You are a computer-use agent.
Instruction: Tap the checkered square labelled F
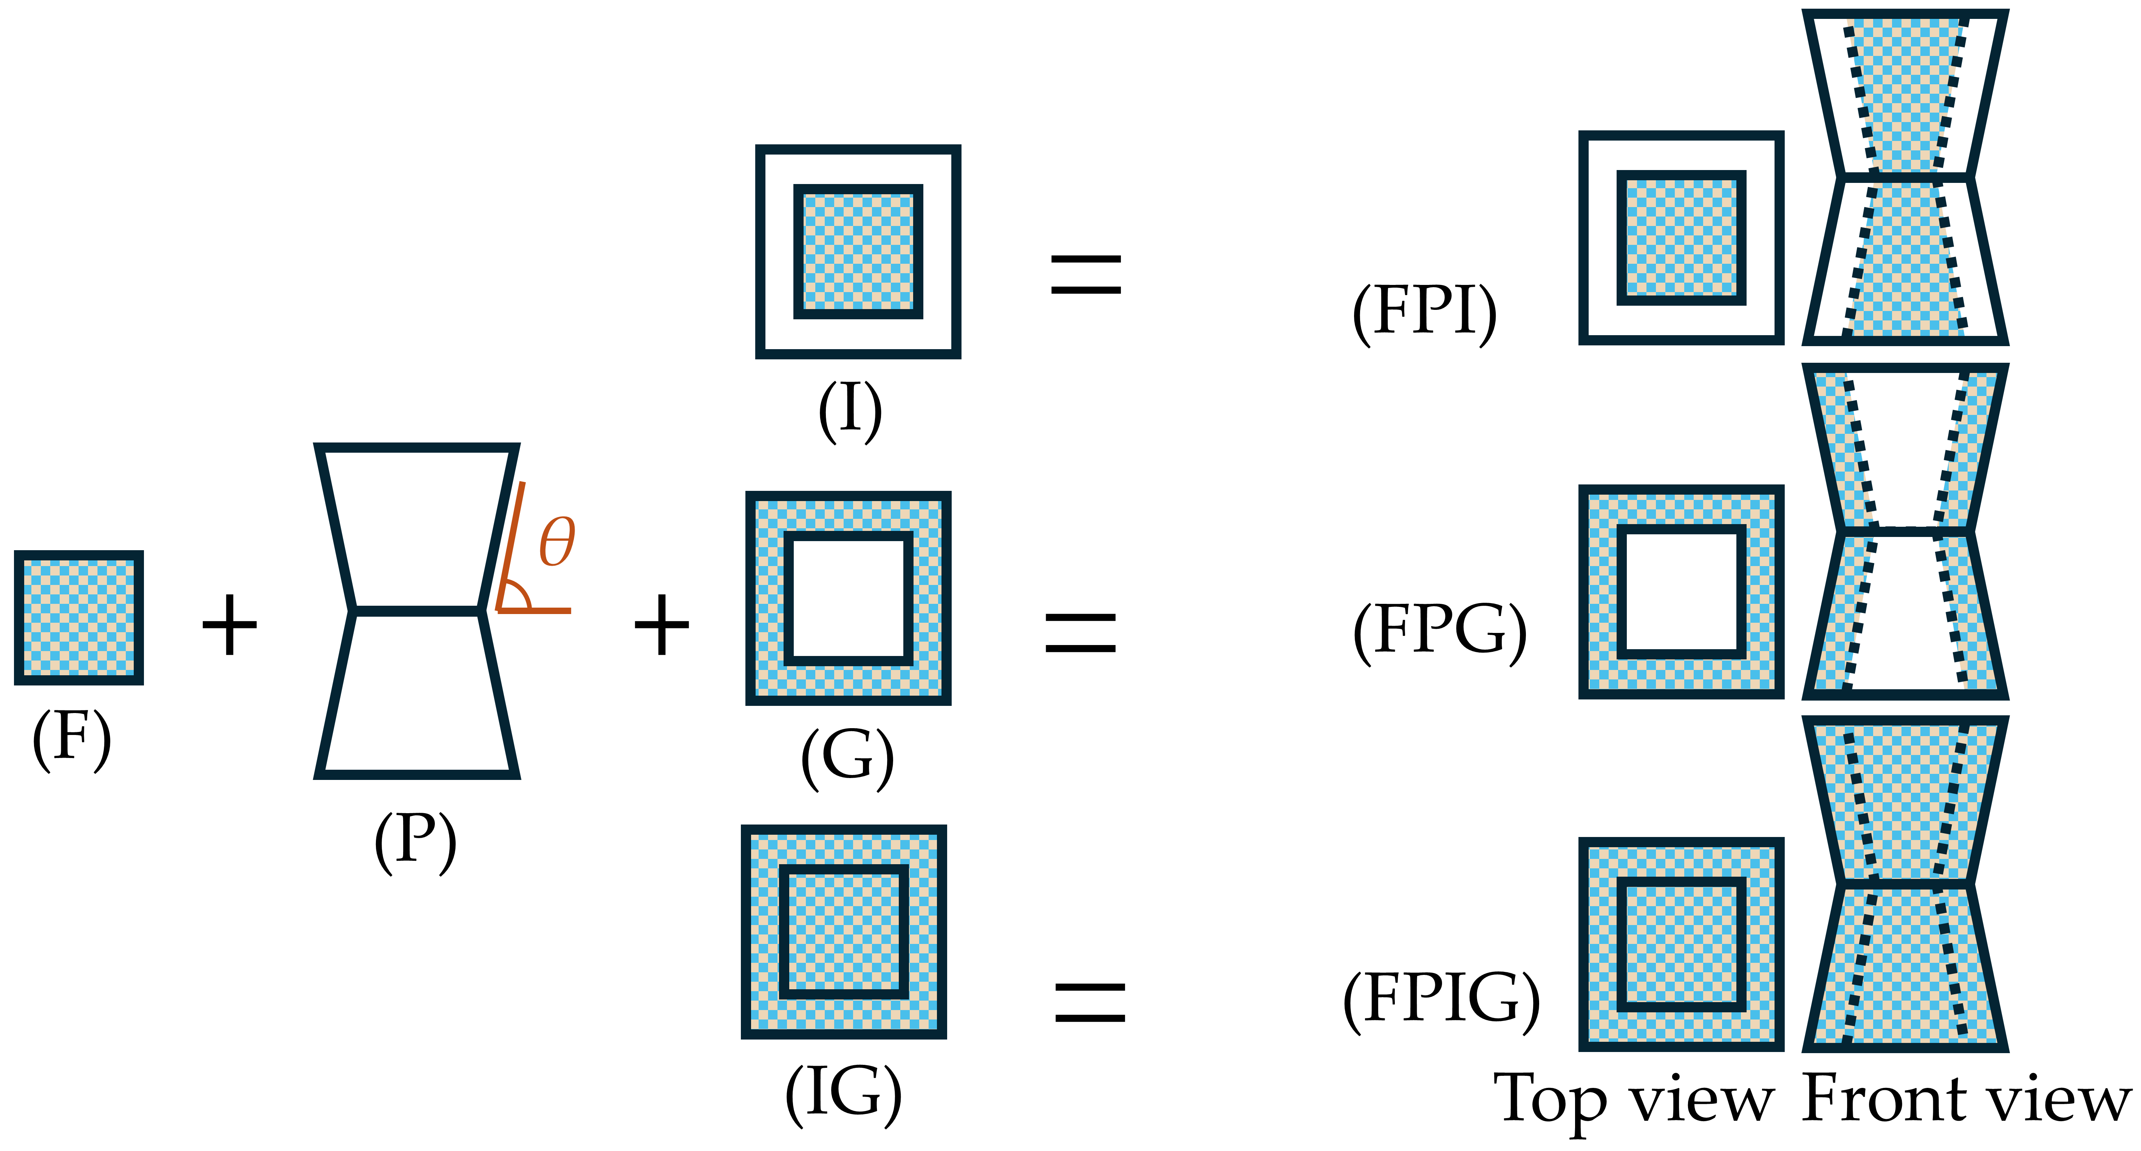pos(79,617)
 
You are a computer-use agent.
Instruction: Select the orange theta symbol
pos(557,542)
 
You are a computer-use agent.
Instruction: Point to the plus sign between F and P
pos(229,624)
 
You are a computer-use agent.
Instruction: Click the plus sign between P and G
pos(662,624)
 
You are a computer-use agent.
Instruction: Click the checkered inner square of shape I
pos(858,251)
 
